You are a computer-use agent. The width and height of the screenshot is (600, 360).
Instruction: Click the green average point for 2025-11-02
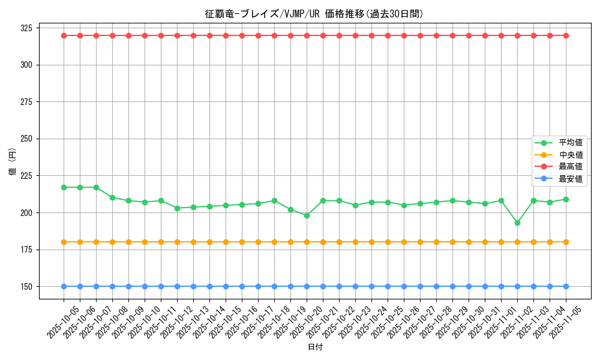coord(517,223)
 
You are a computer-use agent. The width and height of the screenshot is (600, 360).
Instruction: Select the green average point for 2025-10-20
coord(307,215)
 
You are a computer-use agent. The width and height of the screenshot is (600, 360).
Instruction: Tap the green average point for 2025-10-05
coord(64,187)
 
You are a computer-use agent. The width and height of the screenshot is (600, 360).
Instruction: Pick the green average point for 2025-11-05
coord(566,199)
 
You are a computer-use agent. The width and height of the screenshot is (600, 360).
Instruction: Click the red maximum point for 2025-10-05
coord(64,35)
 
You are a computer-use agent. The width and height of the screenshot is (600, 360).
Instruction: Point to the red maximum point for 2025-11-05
coord(566,35)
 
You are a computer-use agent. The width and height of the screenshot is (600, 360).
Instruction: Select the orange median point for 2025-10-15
coord(226,242)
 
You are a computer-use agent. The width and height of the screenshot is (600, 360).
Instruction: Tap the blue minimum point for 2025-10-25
coord(388,286)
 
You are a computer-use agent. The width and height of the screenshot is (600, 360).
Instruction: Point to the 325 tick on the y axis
coord(26,28)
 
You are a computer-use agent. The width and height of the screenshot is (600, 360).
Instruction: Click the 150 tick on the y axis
coord(26,286)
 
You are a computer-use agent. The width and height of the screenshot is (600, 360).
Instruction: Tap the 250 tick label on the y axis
coord(26,139)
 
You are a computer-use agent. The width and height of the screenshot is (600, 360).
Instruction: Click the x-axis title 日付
coord(315,347)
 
